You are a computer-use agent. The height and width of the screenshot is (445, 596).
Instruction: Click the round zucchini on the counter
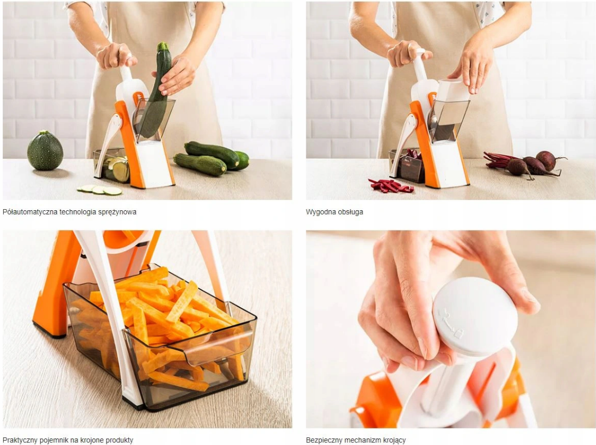45,150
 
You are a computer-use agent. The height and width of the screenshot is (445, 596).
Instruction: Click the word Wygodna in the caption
318,212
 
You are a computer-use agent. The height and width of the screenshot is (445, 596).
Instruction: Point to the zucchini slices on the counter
100,190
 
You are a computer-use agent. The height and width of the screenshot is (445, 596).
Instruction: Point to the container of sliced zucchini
111,166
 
